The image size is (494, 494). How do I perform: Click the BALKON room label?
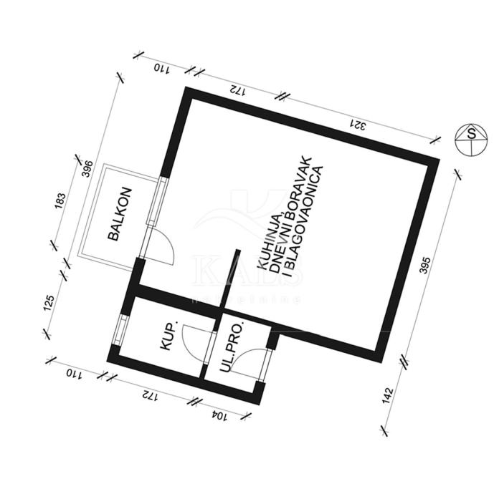click(120, 213)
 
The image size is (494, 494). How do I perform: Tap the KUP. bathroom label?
click(170, 337)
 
